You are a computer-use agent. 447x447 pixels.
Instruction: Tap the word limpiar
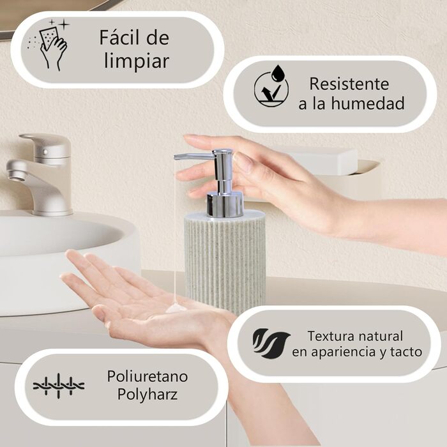pos(137,61)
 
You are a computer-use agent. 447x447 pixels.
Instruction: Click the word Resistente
pos(349,84)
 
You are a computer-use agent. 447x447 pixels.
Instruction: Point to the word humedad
pos(368,103)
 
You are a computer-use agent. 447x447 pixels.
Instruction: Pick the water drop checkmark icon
pos(271,86)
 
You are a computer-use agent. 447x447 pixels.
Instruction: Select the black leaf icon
pos(271,344)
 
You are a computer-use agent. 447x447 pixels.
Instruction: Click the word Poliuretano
pos(148,376)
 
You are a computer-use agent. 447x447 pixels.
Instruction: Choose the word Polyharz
pos(148,395)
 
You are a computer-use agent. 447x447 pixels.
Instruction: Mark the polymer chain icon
pos(59,386)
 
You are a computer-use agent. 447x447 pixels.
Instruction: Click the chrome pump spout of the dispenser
pos(194,156)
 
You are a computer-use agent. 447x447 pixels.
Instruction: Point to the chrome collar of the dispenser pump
pos(225,204)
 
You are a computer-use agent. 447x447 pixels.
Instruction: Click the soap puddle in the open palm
pos(176,308)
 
